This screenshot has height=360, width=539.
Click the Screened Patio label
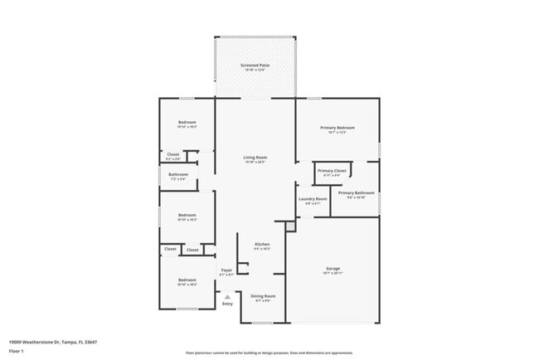pos(255,65)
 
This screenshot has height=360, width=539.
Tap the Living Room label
pos(255,157)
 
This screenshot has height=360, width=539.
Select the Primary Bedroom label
pos(337,127)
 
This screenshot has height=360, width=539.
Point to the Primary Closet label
pos(332,170)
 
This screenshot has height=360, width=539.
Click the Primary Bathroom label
pos(356,192)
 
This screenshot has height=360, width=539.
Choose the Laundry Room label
pos(313,198)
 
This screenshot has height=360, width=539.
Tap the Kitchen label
pos(262,244)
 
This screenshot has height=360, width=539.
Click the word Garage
pos(333,268)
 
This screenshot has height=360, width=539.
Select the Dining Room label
pos(264,295)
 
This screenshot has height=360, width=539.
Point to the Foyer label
pos(226,270)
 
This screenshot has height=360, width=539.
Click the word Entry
pos(227,304)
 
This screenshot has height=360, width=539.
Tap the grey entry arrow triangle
pos(227,294)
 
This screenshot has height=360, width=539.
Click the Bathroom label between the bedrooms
pos(178,174)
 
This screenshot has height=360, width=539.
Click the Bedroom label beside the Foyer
pos(187,280)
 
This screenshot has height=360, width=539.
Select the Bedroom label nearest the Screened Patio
pos(187,123)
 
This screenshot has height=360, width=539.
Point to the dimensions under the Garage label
pos(333,273)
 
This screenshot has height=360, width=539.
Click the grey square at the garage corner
pos(290,225)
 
